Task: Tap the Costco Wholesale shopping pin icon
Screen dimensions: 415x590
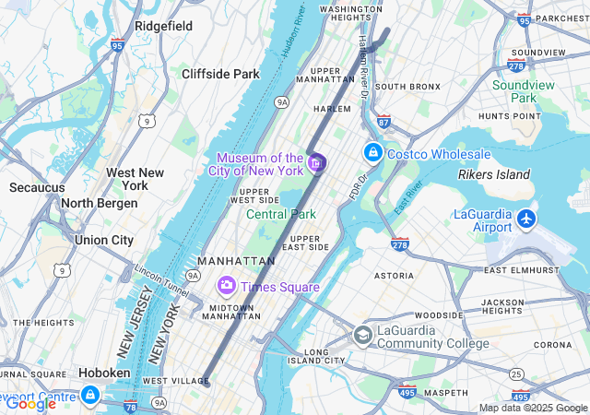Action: (x=373, y=152)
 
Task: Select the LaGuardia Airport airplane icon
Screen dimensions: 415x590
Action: (x=526, y=219)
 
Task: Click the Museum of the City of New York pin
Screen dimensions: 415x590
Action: (x=316, y=163)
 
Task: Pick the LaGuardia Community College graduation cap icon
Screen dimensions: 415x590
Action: (x=363, y=335)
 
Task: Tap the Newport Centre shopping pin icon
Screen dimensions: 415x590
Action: (x=89, y=397)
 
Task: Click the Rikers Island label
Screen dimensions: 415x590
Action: (x=494, y=174)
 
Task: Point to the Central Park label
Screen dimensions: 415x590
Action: (x=281, y=214)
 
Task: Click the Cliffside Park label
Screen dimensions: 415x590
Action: (x=220, y=74)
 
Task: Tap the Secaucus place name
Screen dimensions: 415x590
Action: (x=37, y=187)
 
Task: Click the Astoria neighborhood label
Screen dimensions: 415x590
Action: (x=394, y=275)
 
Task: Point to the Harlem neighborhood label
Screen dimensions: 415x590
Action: (x=333, y=109)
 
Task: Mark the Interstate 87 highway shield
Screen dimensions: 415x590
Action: (x=383, y=121)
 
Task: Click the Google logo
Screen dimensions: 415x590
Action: (x=30, y=403)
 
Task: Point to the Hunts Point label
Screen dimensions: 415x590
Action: (x=509, y=116)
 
